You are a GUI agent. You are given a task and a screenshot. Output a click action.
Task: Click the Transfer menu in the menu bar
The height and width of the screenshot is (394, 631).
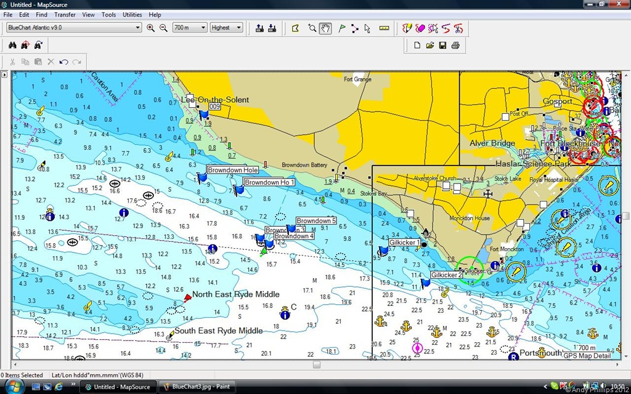point(65,14)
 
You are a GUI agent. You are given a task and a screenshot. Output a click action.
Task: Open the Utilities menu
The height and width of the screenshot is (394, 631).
point(132,14)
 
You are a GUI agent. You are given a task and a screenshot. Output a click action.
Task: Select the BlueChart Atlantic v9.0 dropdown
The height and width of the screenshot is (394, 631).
point(73,28)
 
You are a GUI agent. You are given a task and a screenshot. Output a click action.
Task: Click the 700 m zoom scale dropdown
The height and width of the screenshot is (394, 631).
point(189,28)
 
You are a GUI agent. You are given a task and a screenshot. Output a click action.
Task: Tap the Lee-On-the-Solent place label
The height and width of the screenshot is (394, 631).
point(215,100)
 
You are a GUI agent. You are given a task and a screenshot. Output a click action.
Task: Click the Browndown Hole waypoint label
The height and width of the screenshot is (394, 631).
point(232,170)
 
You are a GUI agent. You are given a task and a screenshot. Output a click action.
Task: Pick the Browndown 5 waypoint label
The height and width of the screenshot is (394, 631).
point(316,220)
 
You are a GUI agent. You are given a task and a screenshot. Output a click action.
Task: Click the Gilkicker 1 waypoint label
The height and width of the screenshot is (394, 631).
point(404,243)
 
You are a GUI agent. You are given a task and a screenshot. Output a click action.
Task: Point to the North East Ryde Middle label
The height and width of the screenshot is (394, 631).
point(235,294)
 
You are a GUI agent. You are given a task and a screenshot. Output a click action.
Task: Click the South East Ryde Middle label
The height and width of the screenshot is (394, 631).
point(218,331)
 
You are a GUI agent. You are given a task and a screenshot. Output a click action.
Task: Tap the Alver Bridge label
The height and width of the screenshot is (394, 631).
point(492,143)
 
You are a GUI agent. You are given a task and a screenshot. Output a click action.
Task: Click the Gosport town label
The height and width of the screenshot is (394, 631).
point(557,102)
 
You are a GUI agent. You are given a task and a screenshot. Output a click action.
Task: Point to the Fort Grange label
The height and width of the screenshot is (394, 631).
point(357,79)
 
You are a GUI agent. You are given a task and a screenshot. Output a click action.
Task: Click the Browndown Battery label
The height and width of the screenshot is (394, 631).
point(304,165)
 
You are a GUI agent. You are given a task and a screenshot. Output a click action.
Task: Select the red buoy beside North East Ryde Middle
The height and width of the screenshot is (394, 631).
point(187,298)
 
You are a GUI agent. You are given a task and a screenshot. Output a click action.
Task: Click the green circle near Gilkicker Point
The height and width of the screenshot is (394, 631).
point(470,270)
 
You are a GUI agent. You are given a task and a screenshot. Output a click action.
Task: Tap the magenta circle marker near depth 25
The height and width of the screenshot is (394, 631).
point(417,348)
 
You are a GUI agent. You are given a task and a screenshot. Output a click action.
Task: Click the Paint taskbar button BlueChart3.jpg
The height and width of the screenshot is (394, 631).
point(197,387)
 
